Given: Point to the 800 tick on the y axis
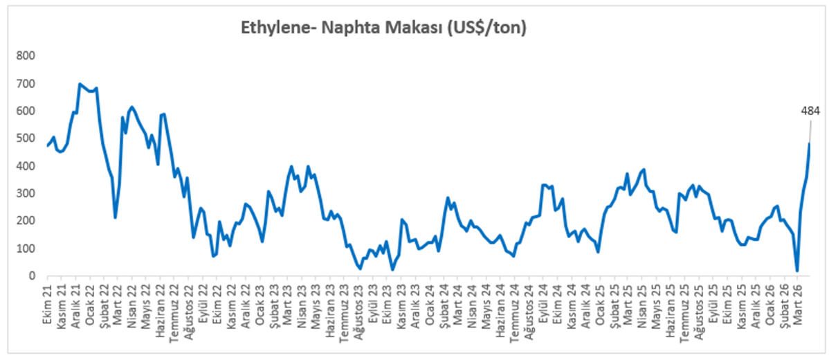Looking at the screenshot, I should [x=27, y=55].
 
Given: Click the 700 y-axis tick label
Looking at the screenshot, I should [x=27, y=83].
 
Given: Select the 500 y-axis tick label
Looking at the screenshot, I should [x=27, y=138].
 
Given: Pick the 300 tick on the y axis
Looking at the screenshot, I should [x=27, y=193].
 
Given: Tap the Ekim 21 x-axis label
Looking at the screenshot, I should [x=47, y=301].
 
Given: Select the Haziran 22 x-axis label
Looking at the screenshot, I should [x=159, y=305].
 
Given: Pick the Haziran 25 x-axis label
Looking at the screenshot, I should [x=669, y=305].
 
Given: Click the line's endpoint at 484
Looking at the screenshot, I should [x=809, y=143].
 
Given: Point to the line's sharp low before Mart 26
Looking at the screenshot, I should [x=797, y=271].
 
